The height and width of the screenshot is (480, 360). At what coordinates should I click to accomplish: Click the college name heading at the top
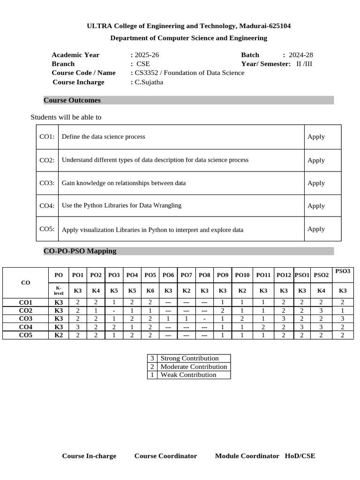pyautogui.click(x=188, y=26)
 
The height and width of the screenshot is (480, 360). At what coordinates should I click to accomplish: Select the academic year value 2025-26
pyautogui.click(x=147, y=55)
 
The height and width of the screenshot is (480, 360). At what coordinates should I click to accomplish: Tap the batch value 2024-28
pyautogui.click(x=301, y=55)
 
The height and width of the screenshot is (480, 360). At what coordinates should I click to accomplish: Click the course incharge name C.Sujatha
pyautogui.click(x=149, y=82)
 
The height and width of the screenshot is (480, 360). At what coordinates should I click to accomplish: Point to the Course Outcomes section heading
pyautogui.click(x=72, y=100)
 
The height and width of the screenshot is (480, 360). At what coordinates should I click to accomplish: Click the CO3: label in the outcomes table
pyautogui.click(x=47, y=183)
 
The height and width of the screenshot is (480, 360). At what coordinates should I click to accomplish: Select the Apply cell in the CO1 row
pyautogui.click(x=316, y=136)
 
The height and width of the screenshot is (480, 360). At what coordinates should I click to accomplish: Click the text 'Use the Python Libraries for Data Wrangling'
pyautogui.click(x=121, y=205)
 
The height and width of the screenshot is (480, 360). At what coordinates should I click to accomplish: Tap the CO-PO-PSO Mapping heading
pyautogui.click(x=80, y=251)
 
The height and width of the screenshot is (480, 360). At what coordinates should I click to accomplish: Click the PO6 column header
pyautogui.click(x=168, y=275)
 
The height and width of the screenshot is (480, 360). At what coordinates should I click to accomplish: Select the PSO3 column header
pyautogui.click(x=343, y=271)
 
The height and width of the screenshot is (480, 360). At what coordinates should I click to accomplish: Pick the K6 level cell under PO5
pyautogui.click(x=150, y=291)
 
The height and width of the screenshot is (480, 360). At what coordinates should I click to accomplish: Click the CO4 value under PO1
pyautogui.click(x=78, y=327)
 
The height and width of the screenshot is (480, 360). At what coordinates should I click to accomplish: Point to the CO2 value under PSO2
pyautogui.click(x=321, y=310)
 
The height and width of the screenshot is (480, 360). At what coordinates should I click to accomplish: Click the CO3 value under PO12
pyautogui.click(x=284, y=319)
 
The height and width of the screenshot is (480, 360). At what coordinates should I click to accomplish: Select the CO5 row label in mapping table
pyautogui.click(x=26, y=335)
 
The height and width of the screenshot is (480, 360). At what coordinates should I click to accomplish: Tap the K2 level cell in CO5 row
pyautogui.click(x=59, y=335)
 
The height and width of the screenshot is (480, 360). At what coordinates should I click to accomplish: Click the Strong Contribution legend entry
pyautogui.click(x=189, y=359)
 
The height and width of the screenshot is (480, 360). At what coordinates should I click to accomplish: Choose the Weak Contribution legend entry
pyautogui.click(x=188, y=375)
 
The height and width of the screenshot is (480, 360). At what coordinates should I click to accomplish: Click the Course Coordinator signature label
pyautogui.click(x=165, y=456)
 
